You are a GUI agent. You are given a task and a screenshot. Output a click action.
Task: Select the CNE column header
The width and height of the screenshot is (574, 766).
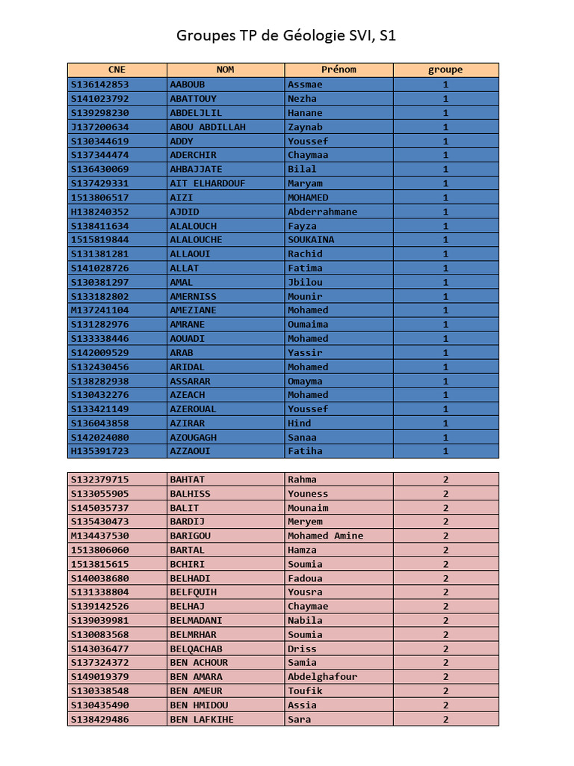(x=117, y=70)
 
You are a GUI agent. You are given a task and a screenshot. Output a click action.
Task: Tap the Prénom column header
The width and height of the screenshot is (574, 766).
(x=339, y=70)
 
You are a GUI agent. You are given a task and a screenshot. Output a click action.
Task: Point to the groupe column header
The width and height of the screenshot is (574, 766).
(x=445, y=70)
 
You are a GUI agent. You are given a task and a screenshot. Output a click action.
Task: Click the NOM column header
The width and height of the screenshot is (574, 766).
(x=225, y=70)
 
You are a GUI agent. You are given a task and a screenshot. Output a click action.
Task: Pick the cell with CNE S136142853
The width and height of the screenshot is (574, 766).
(x=100, y=85)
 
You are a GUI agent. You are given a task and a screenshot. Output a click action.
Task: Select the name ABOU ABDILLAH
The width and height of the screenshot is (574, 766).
(x=208, y=127)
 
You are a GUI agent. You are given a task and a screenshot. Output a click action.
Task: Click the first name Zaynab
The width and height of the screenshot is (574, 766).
(x=305, y=127)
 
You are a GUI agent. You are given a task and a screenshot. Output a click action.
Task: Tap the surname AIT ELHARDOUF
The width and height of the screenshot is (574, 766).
(x=208, y=183)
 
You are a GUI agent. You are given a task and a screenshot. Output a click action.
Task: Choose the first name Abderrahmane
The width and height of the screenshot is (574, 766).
(x=322, y=212)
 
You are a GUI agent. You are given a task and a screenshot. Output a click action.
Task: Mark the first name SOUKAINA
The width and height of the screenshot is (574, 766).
(x=311, y=240)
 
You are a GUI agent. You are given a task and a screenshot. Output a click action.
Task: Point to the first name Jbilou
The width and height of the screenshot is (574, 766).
(x=305, y=282)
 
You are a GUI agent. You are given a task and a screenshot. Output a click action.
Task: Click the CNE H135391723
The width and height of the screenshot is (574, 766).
(x=100, y=451)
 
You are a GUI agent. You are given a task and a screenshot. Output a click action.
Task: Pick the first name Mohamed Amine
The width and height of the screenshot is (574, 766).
(x=325, y=536)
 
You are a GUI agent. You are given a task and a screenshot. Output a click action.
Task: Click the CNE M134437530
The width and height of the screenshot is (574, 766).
(x=100, y=536)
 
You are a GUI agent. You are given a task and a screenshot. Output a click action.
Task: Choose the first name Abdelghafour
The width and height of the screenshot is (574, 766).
(x=322, y=676)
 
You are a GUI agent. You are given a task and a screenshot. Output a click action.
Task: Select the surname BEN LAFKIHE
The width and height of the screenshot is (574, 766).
(x=202, y=719)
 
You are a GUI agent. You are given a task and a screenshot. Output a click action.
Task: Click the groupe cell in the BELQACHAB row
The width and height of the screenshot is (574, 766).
(x=445, y=649)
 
